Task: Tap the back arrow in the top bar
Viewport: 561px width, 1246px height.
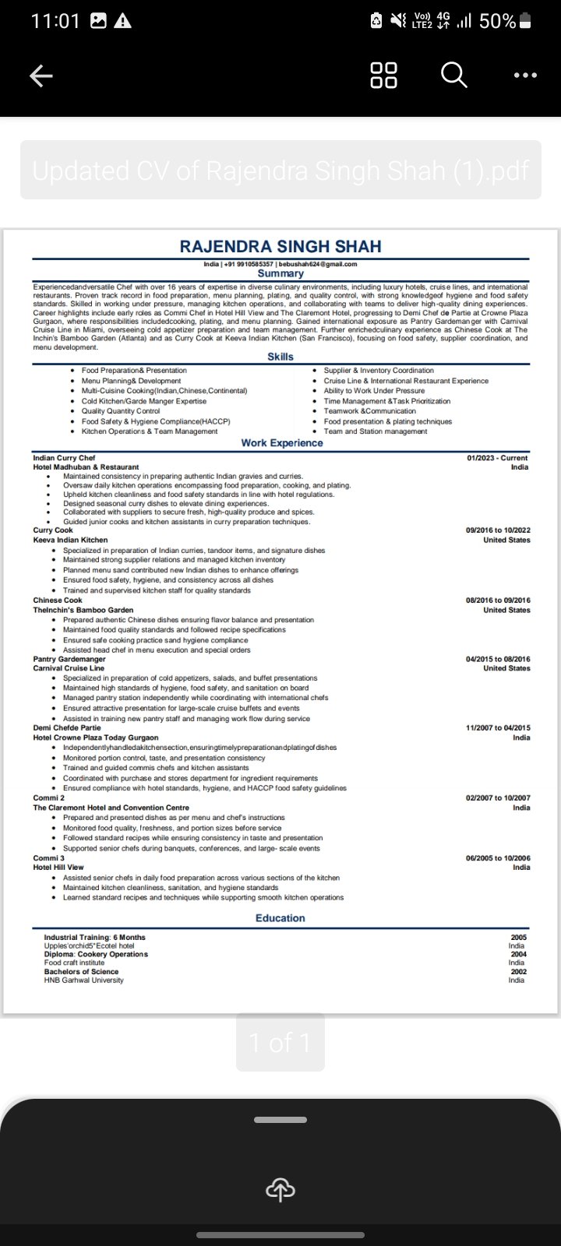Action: pos(41,76)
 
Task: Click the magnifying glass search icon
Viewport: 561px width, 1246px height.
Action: pos(453,76)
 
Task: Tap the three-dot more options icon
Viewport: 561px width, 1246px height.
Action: pos(525,76)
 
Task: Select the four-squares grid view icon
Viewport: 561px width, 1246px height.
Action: pos(383,76)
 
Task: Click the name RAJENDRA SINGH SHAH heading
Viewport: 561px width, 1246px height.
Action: pos(280,247)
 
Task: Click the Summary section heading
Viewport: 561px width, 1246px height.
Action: pos(280,274)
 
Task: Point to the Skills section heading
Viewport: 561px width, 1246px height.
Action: pos(280,357)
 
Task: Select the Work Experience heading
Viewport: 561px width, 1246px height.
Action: pos(281,443)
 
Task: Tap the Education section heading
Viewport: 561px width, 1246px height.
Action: pos(280,918)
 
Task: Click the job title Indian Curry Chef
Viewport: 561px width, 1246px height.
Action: pos(64,458)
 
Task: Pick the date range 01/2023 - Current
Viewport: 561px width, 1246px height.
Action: pos(497,458)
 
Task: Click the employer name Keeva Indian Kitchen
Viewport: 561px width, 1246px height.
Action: pos(70,540)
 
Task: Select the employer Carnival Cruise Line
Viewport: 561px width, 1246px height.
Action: pos(69,668)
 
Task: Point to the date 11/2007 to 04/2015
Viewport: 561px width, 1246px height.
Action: pos(498,728)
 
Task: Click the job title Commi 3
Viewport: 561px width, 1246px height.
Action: pos(49,858)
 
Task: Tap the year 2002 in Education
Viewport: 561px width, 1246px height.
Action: pos(518,972)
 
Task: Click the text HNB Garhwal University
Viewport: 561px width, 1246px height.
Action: pos(83,980)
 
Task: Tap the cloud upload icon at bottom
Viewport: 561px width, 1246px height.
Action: pos(280,1189)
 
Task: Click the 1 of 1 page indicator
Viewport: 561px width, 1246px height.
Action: pos(280,1042)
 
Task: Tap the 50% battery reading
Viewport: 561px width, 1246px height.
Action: pos(497,21)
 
